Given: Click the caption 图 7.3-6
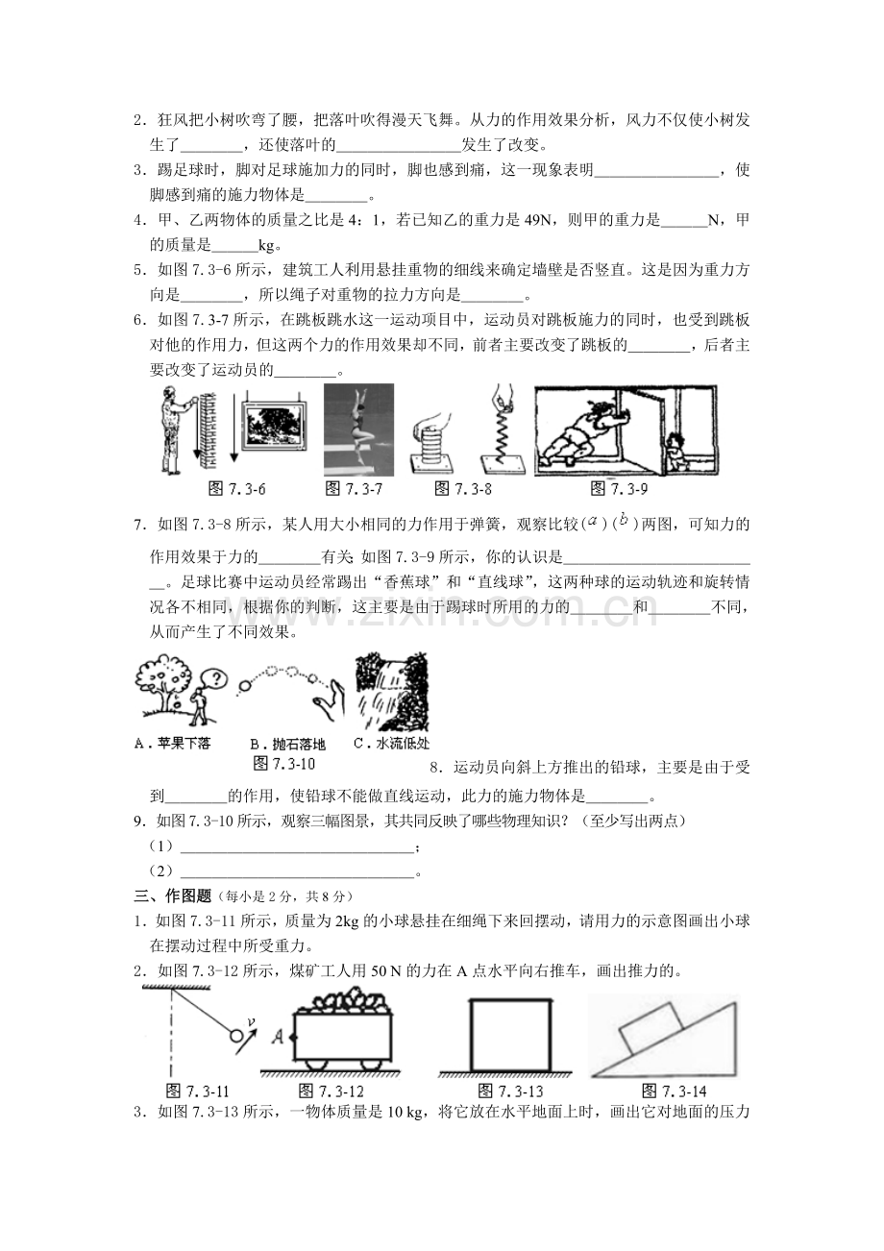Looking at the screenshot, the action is click(236, 489).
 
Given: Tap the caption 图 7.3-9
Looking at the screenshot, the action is click(619, 489).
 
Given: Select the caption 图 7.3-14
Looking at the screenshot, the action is click(674, 1091).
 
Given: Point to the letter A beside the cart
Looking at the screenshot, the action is click(278, 1037).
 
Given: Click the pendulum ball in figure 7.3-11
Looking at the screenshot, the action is click(235, 1035).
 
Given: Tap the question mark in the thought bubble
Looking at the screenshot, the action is click(218, 679).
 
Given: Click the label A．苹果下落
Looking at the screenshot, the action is click(173, 744).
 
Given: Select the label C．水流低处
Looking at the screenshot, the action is click(392, 744).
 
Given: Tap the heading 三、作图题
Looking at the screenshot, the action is click(173, 896).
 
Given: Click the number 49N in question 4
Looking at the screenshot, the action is click(538, 220).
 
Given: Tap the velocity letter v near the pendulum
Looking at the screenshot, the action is click(252, 1021).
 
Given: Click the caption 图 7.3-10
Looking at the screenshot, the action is click(284, 764).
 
